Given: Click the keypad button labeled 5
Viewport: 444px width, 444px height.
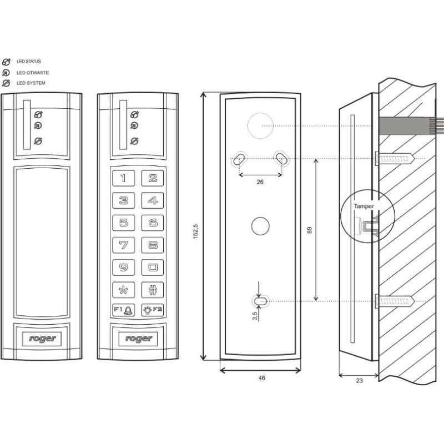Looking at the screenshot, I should [x=123, y=223].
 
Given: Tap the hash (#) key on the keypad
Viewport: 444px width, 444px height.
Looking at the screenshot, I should [x=153, y=290].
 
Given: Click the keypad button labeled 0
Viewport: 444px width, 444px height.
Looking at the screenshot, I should [x=153, y=268].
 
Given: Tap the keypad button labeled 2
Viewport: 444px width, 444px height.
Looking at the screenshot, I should [x=153, y=178].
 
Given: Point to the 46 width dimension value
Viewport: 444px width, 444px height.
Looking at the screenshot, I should [x=261, y=378].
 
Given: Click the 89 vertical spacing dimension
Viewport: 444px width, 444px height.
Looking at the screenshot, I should [x=310, y=229].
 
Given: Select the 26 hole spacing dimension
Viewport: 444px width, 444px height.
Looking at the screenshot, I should [x=261, y=181].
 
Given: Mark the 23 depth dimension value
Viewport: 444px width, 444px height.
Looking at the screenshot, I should [x=359, y=382].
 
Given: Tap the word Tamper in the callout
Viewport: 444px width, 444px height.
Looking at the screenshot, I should [x=364, y=206].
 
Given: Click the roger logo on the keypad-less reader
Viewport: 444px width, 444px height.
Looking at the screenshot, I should [x=42, y=338].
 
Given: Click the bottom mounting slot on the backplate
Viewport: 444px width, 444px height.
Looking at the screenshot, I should [x=259, y=301].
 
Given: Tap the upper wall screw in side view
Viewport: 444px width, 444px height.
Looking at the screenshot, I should [x=395, y=159].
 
